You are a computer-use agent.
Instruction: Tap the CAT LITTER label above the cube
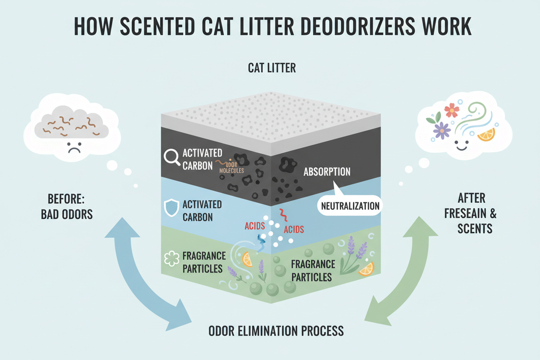coord(271,68)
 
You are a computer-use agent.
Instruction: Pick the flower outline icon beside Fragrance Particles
coord(171,259)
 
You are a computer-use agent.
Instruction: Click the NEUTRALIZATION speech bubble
coord(350,205)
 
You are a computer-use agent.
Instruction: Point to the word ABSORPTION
coord(327,172)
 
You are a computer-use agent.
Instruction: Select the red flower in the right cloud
coord(452,110)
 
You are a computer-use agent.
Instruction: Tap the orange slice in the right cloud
coord(486,134)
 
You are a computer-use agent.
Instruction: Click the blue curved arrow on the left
coord(140,275)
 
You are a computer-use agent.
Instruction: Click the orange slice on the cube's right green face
coord(366,268)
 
